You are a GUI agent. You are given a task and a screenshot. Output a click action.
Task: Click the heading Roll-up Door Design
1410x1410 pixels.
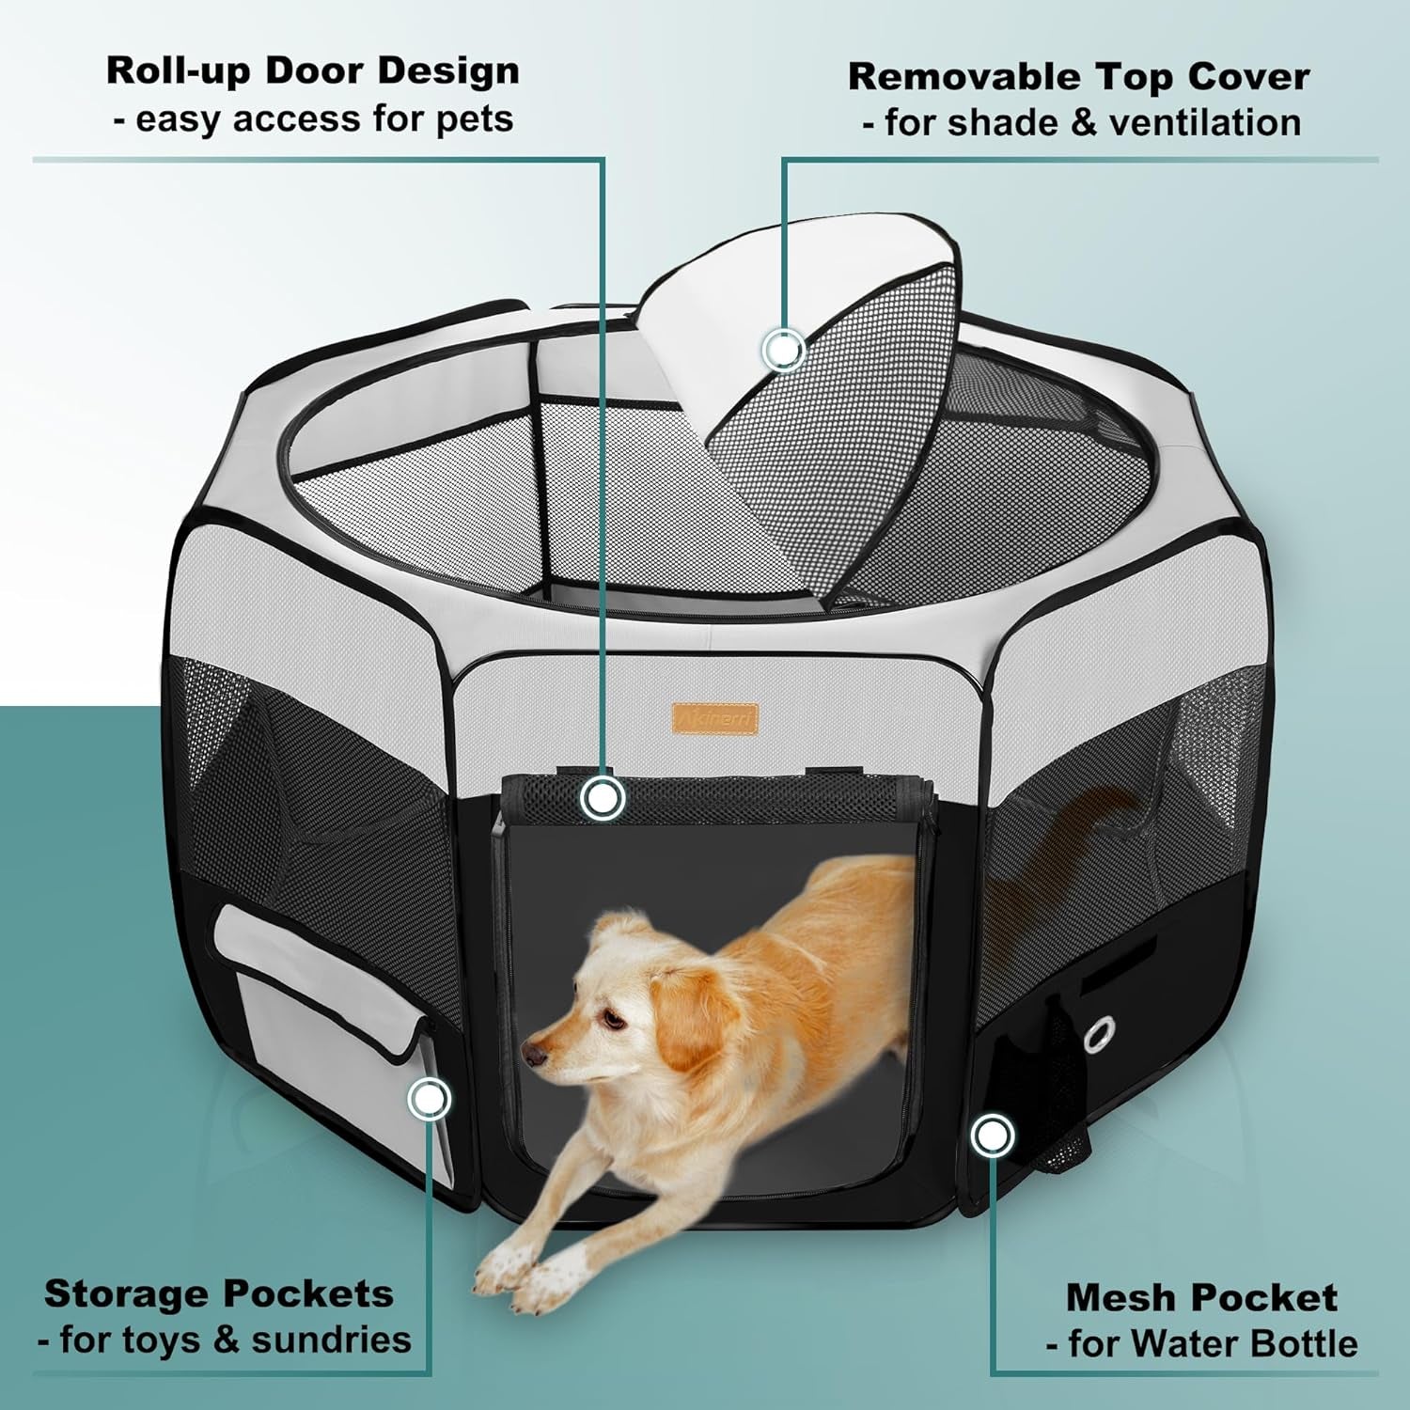click(312, 70)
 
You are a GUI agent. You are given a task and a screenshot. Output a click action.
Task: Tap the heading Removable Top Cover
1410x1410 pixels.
click(1078, 76)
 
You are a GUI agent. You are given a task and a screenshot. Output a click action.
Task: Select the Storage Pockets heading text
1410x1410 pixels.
click(218, 1293)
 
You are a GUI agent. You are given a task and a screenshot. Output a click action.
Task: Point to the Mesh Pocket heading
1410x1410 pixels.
click(1201, 1297)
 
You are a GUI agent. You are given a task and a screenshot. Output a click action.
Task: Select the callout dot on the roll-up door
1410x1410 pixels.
click(603, 798)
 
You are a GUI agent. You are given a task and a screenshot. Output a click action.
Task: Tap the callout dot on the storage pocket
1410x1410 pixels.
click(430, 1098)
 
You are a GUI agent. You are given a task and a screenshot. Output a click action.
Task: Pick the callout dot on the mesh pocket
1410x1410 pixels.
click(992, 1136)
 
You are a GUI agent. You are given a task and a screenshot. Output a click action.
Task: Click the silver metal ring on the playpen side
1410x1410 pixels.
click(1097, 1035)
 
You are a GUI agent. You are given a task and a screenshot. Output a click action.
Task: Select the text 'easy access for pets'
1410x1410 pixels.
click(312, 119)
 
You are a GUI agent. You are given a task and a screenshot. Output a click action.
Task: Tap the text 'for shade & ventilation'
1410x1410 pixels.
click(1081, 123)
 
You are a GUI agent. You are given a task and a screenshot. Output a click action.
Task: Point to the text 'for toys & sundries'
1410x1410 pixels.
click(226, 1340)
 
